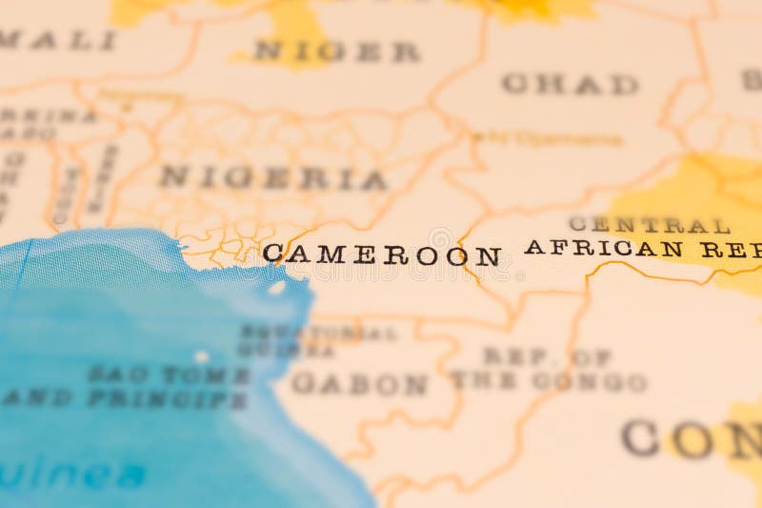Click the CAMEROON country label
(x=381, y=254)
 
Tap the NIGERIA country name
(x=272, y=178)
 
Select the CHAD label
(x=570, y=84)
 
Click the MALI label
(x=59, y=41)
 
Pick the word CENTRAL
(x=649, y=226)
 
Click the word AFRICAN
(x=603, y=248)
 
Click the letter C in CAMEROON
(x=272, y=253)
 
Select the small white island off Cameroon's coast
(x=276, y=286)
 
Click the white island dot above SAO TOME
(x=202, y=356)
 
